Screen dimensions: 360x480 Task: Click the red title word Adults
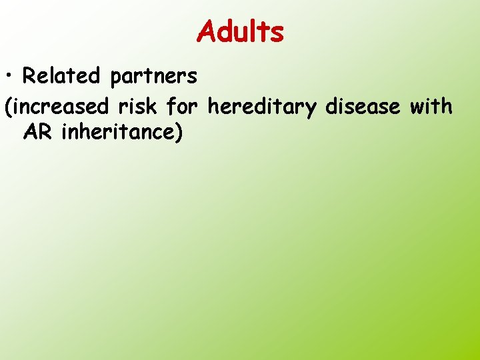click(241, 31)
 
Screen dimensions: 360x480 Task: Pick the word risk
click(142, 105)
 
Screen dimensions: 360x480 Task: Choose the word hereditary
click(265, 107)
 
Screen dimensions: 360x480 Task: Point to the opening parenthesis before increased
click(8, 106)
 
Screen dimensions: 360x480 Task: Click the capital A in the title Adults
click(207, 31)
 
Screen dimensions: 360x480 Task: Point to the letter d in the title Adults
click(225, 31)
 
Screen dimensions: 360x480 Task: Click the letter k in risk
click(159, 105)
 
